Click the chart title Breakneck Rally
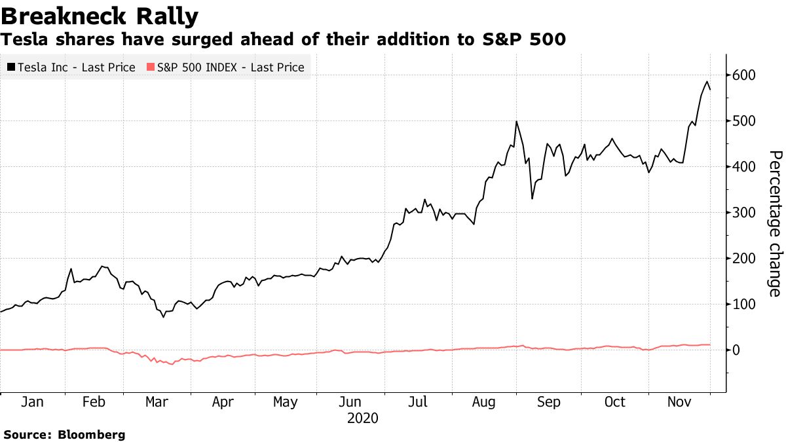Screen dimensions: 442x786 [x=100, y=14]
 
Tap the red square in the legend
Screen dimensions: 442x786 [x=151, y=67]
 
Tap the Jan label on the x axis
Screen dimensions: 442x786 [x=32, y=401]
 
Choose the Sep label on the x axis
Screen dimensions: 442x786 [x=548, y=401]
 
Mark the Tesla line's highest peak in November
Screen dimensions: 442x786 [x=707, y=82]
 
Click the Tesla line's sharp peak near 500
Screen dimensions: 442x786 [x=517, y=121]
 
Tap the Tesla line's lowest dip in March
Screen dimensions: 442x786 [x=163, y=317]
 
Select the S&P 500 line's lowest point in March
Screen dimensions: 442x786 [x=172, y=364]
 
